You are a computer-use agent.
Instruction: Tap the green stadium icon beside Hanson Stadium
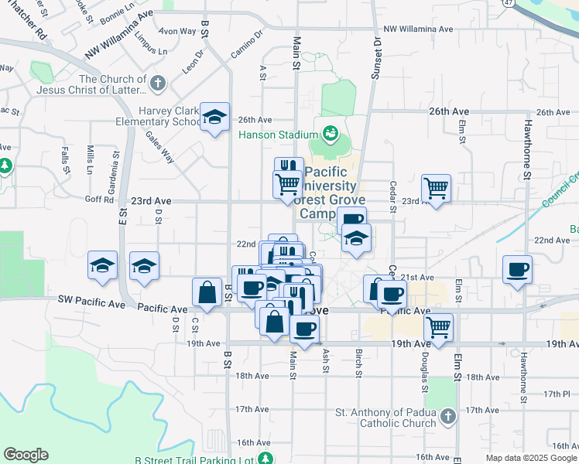tap(331, 134)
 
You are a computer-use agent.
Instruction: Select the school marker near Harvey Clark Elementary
tap(214, 118)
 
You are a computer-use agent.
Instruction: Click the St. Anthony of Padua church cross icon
tap(448, 418)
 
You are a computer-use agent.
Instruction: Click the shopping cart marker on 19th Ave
tap(438, 326)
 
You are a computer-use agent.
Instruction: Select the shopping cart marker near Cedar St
tap(436, 188)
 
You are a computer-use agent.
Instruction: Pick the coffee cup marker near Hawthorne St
tap(517, 270)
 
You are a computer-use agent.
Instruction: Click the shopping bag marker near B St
tap(207, 292)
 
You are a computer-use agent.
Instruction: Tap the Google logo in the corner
tap(26, 455)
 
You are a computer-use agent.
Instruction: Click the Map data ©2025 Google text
tap(531, 458)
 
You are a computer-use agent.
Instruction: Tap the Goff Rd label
tap(99, 200)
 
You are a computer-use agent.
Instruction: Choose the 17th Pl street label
tap(556, 394)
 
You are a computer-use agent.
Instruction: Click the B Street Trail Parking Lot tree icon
tap(266, 458)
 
